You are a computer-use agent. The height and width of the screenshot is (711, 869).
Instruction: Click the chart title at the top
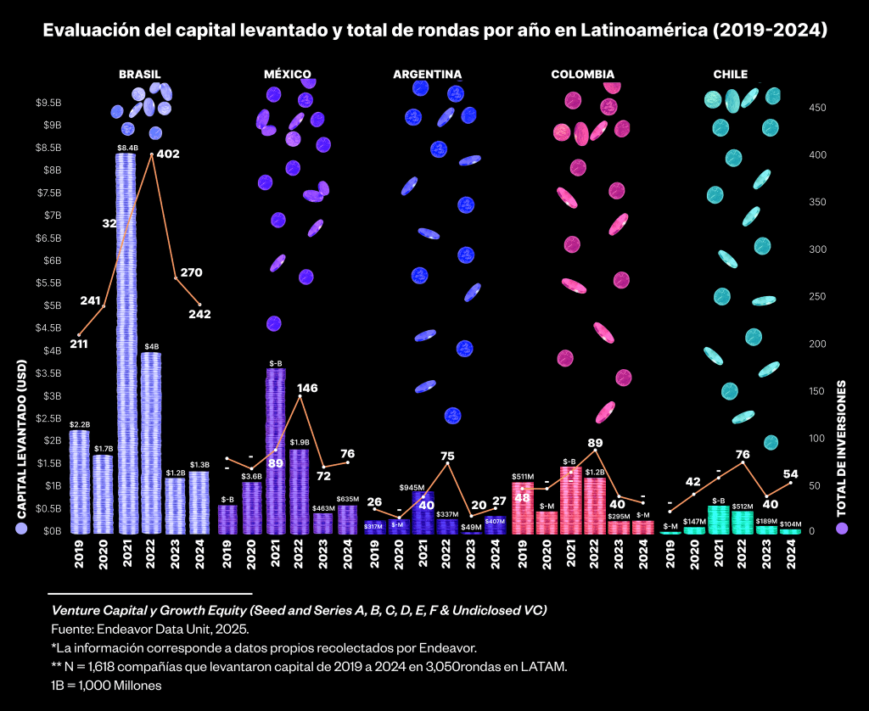[434, 31]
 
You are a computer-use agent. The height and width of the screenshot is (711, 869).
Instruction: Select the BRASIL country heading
[139, 75]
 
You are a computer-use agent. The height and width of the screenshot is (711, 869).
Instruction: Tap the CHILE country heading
[730, 75]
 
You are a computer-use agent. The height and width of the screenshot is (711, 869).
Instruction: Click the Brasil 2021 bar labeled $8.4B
[126, 339]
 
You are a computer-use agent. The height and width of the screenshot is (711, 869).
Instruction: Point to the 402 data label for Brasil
[168, 154]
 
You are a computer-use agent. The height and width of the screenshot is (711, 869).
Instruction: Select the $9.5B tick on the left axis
[47, 103]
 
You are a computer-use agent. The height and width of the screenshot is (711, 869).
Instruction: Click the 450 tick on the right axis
[816, 108]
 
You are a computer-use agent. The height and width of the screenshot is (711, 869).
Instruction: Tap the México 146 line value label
[307, 388]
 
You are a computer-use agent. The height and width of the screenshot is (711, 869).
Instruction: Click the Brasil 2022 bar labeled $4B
[150, 441]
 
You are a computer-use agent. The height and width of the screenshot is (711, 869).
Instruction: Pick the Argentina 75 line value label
[447, 456]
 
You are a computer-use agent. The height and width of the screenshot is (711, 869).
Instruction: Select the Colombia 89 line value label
[595, 443]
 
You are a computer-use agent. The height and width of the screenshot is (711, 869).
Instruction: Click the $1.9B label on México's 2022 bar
[299, 442]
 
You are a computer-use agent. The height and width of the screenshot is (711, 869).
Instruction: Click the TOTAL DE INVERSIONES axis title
[842, 448]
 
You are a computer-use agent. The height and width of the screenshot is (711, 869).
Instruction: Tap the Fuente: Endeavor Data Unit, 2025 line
[149, 629]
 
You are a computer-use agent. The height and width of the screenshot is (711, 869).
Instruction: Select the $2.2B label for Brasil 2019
[79, 423]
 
